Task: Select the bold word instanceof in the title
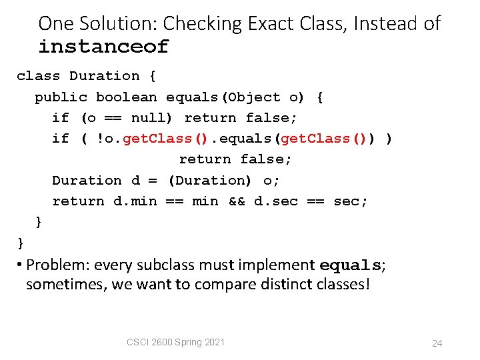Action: pyautogui.click(x=103, y=47)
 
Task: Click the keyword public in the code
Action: pyautogui.click(x=61, y=97)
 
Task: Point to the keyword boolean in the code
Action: pyautogui.click(x=126, y=97)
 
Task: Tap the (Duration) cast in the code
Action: pyautogui.click(x=209, y=181)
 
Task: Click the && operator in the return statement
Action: pyautogui.click(x=236, y=201)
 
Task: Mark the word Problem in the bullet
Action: pyautogui.click(x=55, y=265)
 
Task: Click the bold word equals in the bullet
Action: pyautogui.click(x=350, y=265)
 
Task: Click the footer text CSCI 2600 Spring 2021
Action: pyautogui.click(x=175, y=342)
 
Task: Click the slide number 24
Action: pyautogui.click(x=437, y=343)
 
